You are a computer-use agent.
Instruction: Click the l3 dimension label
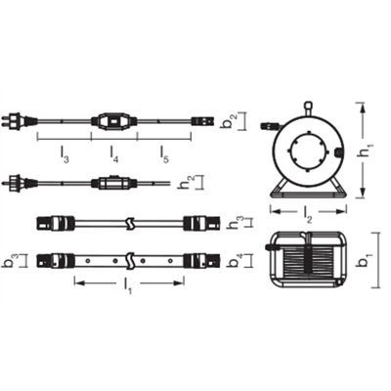pyautogui.click(x=65, y=155)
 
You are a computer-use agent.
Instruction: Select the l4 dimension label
pyautogui.click(x=115, y=155)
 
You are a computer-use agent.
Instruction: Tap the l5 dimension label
pyautogui.click(x=165, y=155)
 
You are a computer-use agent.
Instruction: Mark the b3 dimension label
pyautogui.click(x=10, y=263)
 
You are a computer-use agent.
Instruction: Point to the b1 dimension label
pyautogui.click(x=369, y=262)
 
